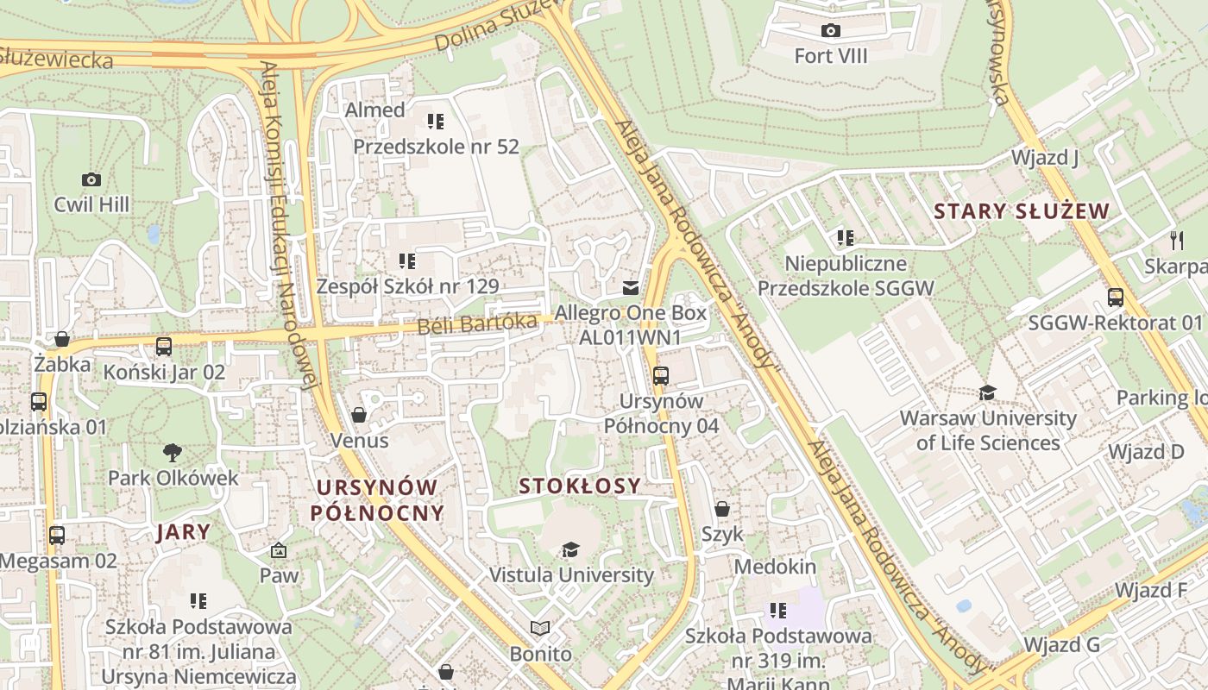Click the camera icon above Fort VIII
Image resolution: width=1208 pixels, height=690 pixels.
pyautogui.click(x=830, y=31)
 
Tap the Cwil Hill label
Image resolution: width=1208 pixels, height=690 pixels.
pyautogui.click(x=91, y=204)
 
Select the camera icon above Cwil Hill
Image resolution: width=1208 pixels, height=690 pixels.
pyautogui.click(x=91, y=179)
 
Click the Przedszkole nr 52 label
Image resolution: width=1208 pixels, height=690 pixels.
pyautogui.click(x=436, y=147)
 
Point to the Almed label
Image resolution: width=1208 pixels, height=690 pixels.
pyautogui.click(x=374, y=110)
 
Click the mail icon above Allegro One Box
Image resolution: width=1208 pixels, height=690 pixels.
pyautogui.click(x=632, y=287)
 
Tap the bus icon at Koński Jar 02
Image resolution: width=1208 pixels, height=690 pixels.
pyautogui.click(x=163, y=347)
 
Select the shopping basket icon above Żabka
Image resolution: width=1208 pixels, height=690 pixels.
pyautogui.click(x=62, y=339)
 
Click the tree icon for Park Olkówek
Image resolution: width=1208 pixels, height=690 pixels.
pyautogui.click(x=173, y=452)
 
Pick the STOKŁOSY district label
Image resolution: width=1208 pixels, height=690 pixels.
pyautogui.click(x=580, y=486)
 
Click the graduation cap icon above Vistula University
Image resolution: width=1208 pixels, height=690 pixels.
pyautogui.click(x=570, y=549)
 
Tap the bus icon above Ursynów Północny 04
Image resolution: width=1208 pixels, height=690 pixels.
pyautogui.click(x=660, y=375)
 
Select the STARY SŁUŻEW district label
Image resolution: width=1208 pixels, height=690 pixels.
pyautogui.click(x=1021, y=211)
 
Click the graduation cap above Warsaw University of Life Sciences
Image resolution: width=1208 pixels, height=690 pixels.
pyautogui.click(x=988, y=393)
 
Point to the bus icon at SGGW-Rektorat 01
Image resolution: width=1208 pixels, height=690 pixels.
pyautogui.click(x=1116, y=298)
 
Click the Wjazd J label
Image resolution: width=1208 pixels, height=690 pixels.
pyautogui.click(x=1045, y=158)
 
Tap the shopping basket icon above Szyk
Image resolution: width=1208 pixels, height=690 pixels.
pyautogui.click(x=722, y=509)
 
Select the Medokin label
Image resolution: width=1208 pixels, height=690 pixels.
pyautogui.click(x=775, y=567)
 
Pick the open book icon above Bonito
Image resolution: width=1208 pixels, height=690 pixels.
pyautogui.click(x=540, y=629)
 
